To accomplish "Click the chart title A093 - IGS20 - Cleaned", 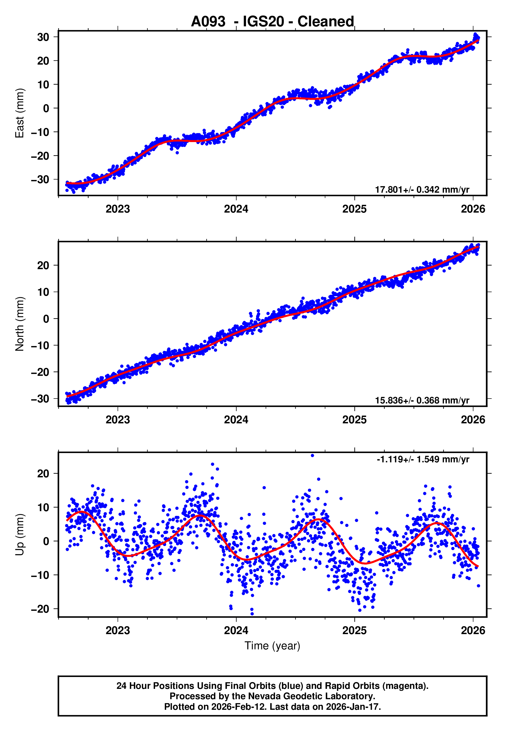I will click(x=272, y=22).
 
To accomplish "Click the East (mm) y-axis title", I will click(x=20, y=113).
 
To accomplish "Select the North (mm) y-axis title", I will click(x=20, y=324).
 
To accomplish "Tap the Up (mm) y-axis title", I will click(x=20, y=535).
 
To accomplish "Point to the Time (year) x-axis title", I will click(x=272, y=646).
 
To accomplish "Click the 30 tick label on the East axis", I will click(x=43, y=37).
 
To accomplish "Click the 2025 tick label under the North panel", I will click(x=354, y=420).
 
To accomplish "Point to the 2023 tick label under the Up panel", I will click(x=118, y=630).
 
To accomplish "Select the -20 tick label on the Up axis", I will click(x=40, y=609).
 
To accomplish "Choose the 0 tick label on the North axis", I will click(x=46, y=319).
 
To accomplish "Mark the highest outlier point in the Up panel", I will click(x=312, y=456).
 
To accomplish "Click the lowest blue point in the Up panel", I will click(x=252, y=614).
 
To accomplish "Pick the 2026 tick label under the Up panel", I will click(x=473, y=630).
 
